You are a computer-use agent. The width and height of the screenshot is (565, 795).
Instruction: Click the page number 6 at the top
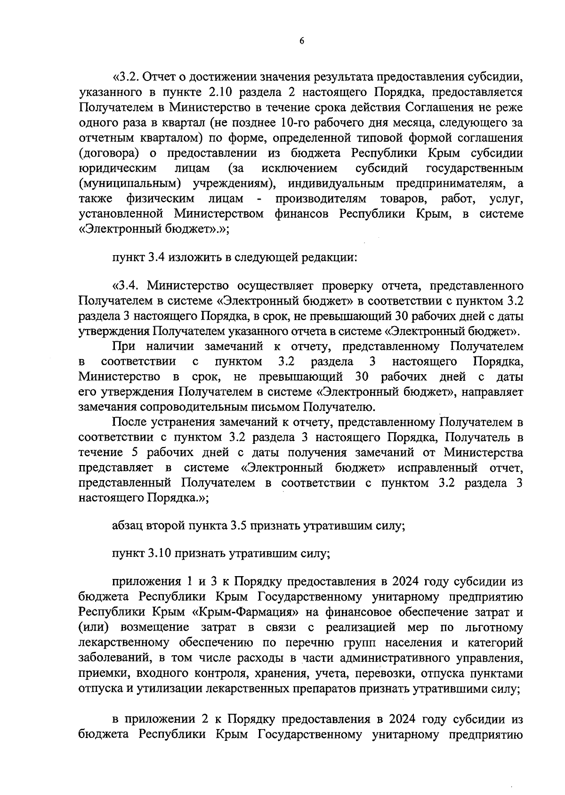pos(302,41)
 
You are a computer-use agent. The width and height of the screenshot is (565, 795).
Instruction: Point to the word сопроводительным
pos(191,407)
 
